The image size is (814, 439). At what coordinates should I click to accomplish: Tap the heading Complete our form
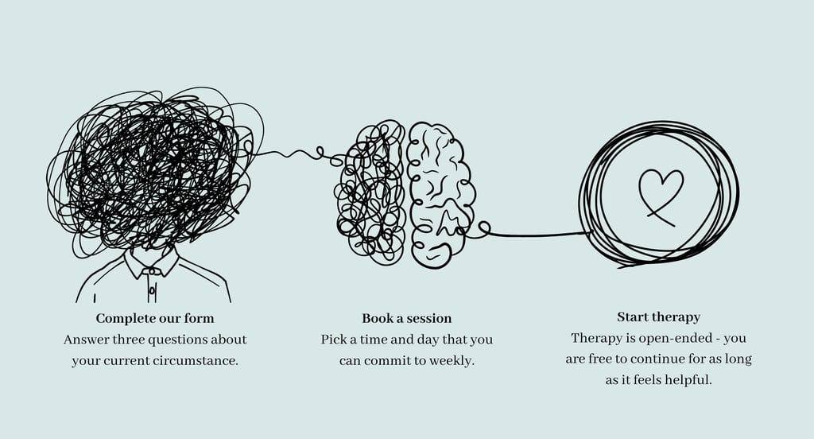pyautogui.click(x=155, y=319)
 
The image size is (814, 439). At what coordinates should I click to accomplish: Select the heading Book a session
pyautogui.click(x=406, y=319)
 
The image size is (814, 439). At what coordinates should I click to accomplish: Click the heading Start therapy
pyautogui.click(x=658, y=317)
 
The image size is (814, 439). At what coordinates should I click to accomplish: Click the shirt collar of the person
pyautogui.click(x=151, y=264)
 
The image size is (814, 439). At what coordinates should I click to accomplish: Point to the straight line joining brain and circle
pyautogui.click(x=541, y=234)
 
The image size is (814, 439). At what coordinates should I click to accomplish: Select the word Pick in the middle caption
pyautogui.click(x=333, y=340)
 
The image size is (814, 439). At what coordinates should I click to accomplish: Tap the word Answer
pyautogui.click(x=85, y=340)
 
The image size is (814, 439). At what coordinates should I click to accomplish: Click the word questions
pyautogui.click(x=189, y=340)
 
